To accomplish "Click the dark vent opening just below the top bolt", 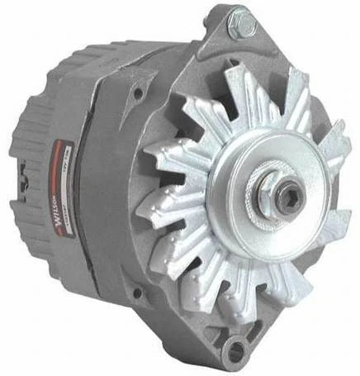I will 235,58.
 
